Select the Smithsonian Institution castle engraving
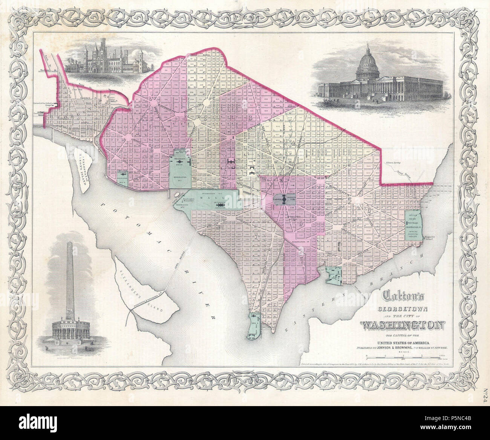tap(109, 60)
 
